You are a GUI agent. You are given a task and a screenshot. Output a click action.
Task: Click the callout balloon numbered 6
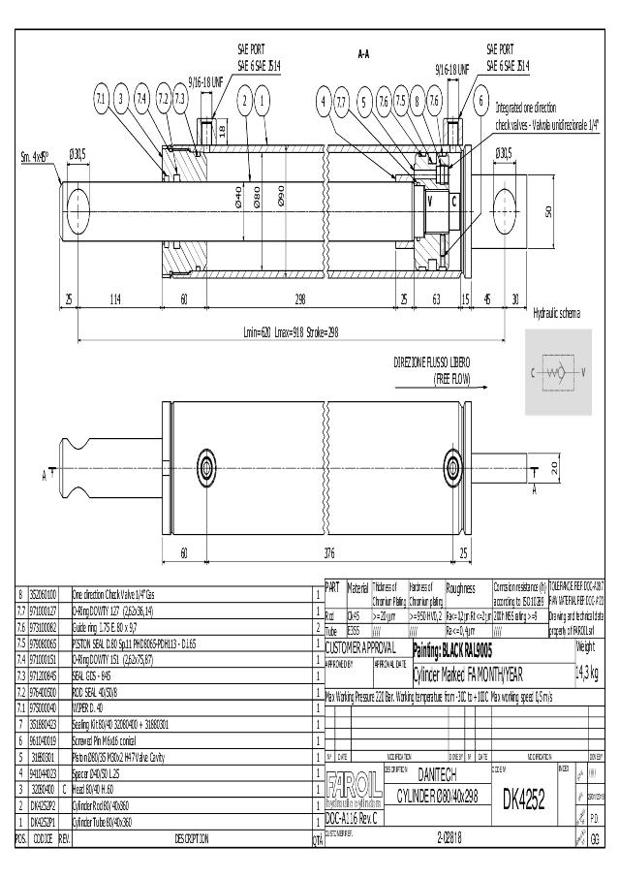(x=480, y=99)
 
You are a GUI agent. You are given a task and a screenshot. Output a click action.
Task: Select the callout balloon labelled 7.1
(x=101, y=98)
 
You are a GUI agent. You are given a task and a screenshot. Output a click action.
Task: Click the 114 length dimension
(x=114, y=299)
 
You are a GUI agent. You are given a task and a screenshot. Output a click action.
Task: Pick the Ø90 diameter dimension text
(x=281, y=200)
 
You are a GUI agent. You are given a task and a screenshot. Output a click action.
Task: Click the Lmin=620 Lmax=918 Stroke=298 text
(x=291, y=331)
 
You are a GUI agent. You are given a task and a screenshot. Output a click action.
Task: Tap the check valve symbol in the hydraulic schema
(x=558, y=372)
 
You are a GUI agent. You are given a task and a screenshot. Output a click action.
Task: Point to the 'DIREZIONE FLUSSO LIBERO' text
(x=433, y=361)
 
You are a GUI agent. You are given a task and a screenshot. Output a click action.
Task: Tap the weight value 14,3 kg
(x=587, y=674)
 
